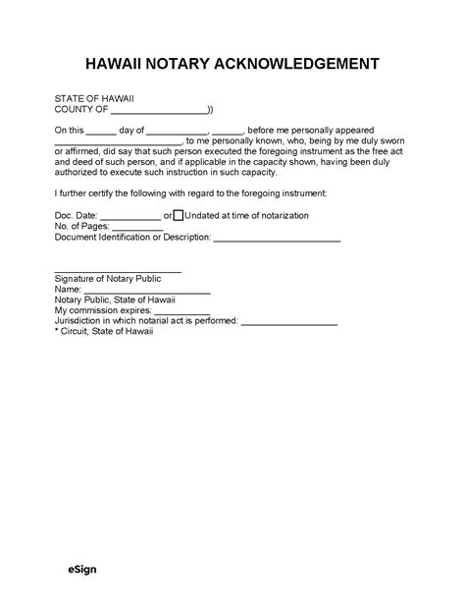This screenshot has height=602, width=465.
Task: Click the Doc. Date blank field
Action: click(x=130, y=216)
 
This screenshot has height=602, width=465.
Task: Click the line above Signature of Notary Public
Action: click(x=118, y=271)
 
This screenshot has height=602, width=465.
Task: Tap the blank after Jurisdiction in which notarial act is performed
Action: click(x=286, y=323)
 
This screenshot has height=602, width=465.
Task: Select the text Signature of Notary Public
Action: click(x=107, y=279)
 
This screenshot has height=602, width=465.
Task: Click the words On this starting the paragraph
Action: click(x=69, y=131)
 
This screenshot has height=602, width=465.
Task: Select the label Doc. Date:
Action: click(x=76, y=215)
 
